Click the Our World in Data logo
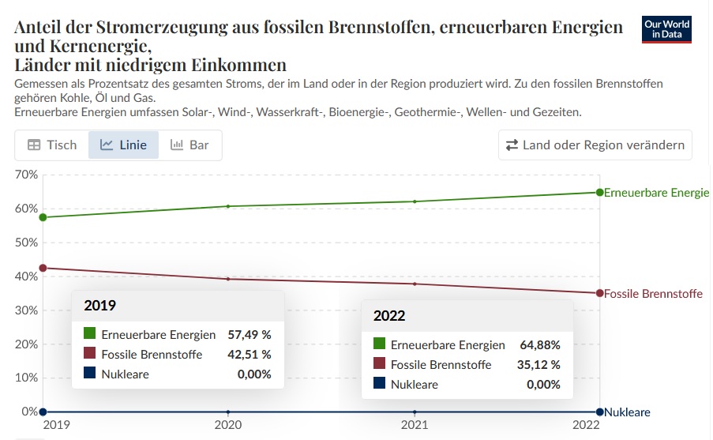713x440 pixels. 666,29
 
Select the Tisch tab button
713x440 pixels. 52,145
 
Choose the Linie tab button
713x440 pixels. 123,145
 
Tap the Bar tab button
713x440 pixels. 190,145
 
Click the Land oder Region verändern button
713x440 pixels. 595,145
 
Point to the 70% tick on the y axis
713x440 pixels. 27,174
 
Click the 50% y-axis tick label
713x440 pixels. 27,242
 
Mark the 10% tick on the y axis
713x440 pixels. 27,378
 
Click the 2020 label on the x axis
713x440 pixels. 228,425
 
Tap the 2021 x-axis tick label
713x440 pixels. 415,425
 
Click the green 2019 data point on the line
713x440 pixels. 43,217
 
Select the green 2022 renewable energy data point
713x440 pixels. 600,192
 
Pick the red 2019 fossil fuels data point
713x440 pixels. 43,268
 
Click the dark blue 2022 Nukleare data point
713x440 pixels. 600,412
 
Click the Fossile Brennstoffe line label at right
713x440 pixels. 653,294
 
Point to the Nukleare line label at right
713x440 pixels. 628,412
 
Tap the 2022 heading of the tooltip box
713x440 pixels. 389,316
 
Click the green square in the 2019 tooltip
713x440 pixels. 90,334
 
